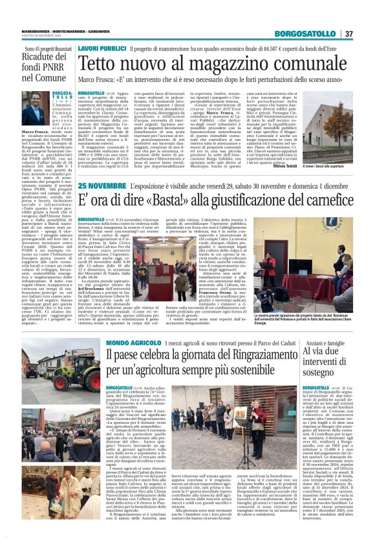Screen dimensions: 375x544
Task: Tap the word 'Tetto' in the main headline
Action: (x=97, y=63)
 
